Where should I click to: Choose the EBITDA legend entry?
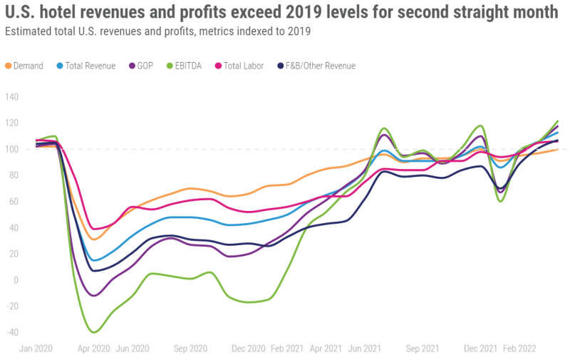(x=187, y=66)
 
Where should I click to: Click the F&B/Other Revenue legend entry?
(x=316, y=66)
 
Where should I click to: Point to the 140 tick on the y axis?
(x=12, y=97)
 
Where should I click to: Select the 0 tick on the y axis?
(x=16, y=280)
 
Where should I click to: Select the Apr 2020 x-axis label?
(x=93, y=349)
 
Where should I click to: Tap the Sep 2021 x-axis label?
(x=422, y=349)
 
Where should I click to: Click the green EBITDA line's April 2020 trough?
(x=93, y=332)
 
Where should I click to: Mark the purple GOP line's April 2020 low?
(x=93, y=295)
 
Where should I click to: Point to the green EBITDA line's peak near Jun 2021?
(x=384, y=128)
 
